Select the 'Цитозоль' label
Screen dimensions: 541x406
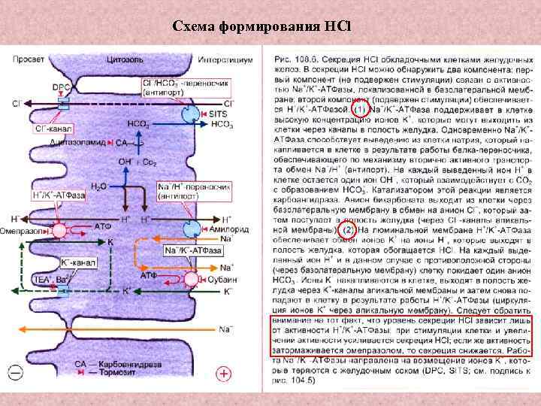click(122, 58)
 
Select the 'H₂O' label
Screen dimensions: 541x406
click(98, 185)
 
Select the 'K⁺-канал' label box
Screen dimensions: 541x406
click(74, 263)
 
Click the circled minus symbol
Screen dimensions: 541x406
click(15, 370)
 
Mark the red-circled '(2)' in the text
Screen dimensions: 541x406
click(348, 229)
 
